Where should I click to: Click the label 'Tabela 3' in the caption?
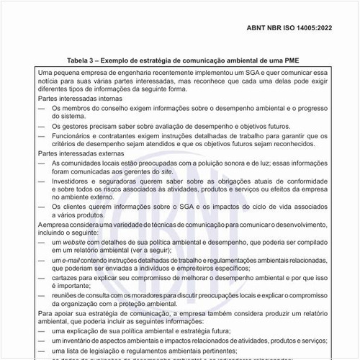pos(84,61)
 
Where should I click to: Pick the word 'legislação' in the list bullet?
pos(99,349)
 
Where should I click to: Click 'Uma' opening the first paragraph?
pos(45,73)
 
